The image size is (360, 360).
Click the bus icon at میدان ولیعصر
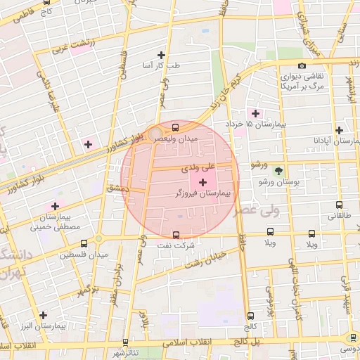point(175,128)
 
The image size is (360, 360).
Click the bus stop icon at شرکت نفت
point(175,235)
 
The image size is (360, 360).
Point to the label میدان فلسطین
point(83,253)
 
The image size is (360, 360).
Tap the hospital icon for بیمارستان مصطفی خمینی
point(55,206)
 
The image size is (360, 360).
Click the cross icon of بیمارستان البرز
point(44,315)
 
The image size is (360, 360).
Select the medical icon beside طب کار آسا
point(162,55)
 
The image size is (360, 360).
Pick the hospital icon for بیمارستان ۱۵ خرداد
point(255,113)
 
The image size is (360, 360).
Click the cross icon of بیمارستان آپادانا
point(340,130)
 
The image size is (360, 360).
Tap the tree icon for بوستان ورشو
point(278,171)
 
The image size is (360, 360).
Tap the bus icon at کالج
point(250,316)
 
